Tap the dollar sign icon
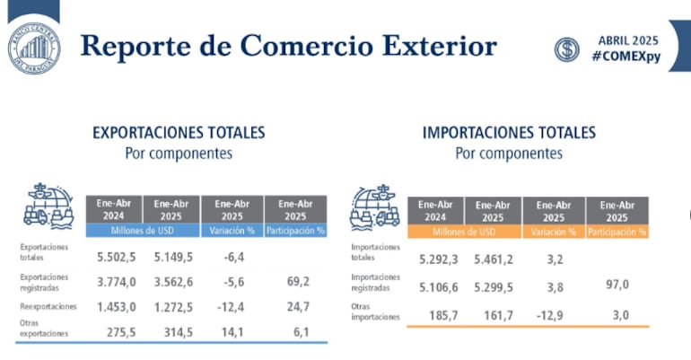pyautogui.click(x=566, y=49)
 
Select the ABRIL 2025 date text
pyautogui.click(x=627, y=40)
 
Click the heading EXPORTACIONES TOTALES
pyautogui.click(x=179, y=133)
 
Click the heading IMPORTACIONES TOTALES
pyautogui.click(x=509, y=133)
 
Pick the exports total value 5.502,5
pyautogui.click(x=117, y=258)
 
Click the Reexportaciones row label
pyautogui.click(x=46, y=306)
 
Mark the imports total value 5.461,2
pyautogui.click(x=493, y=261)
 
